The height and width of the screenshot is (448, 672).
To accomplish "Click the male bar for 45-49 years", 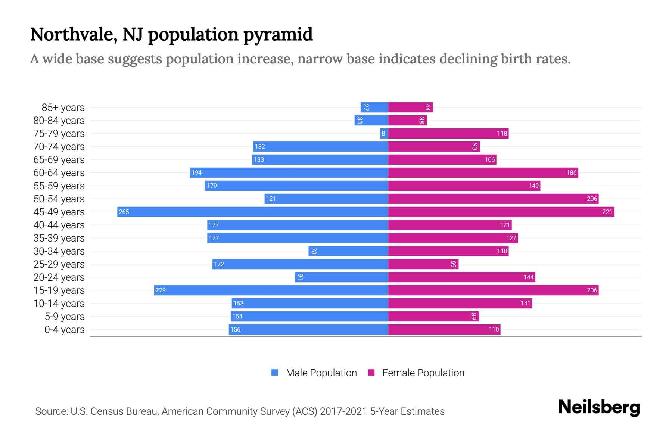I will click(x=252, y=212).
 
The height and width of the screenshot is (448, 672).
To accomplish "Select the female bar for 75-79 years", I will click(x=448, y=133).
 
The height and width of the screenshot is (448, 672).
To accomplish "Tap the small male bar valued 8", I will click(x=384, y=133).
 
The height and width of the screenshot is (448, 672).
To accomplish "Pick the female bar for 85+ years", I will click(x=410, y=107).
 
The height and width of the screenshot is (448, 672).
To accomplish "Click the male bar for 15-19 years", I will click(x=271, y=290).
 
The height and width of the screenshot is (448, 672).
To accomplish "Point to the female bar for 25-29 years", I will click(x=423, y=264).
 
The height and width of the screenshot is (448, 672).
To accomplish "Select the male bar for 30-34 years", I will click(x=348, y=251).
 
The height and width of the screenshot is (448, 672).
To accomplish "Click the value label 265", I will click(x=124, y=212).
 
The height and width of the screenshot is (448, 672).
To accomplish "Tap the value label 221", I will click(x=607, y=212).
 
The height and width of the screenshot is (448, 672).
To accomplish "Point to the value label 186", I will click(x=571, y=172).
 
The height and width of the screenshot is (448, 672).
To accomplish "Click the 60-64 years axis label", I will click(x=59, y=172).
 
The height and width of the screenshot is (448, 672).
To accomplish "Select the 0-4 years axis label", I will click(x=64, y=329).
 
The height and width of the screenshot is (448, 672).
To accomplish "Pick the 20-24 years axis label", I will click(x=59, y=277).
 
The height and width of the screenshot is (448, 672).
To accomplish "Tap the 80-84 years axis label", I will click(x=59, y=120).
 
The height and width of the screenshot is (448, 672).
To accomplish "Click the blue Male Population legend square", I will click(x=275, y=373).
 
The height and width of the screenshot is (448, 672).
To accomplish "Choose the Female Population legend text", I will click(x=423, y=373).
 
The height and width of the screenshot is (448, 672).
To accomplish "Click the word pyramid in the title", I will click(x=278, y=35).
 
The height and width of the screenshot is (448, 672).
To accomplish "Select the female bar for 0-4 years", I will click(x=444, y=329).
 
